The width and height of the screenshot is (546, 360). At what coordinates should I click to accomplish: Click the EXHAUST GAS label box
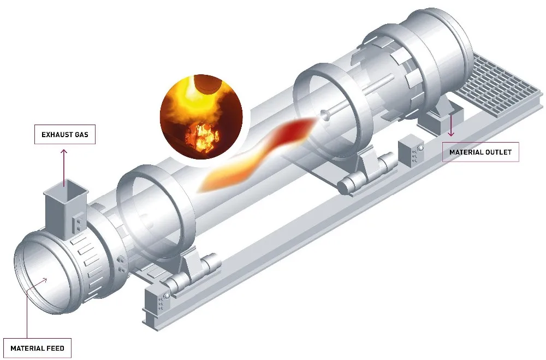tap(65, 134)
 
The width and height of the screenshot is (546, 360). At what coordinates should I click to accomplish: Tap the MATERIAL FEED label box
tap(37, 348)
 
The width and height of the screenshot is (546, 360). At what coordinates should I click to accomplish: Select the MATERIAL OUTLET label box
tap(480, 152)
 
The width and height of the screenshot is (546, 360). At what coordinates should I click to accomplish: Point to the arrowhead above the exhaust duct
tap(64, 152)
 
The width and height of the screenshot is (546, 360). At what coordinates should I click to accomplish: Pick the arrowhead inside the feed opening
tap(44, 280)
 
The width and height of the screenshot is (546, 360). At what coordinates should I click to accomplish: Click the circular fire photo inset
tap(201, 117)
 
